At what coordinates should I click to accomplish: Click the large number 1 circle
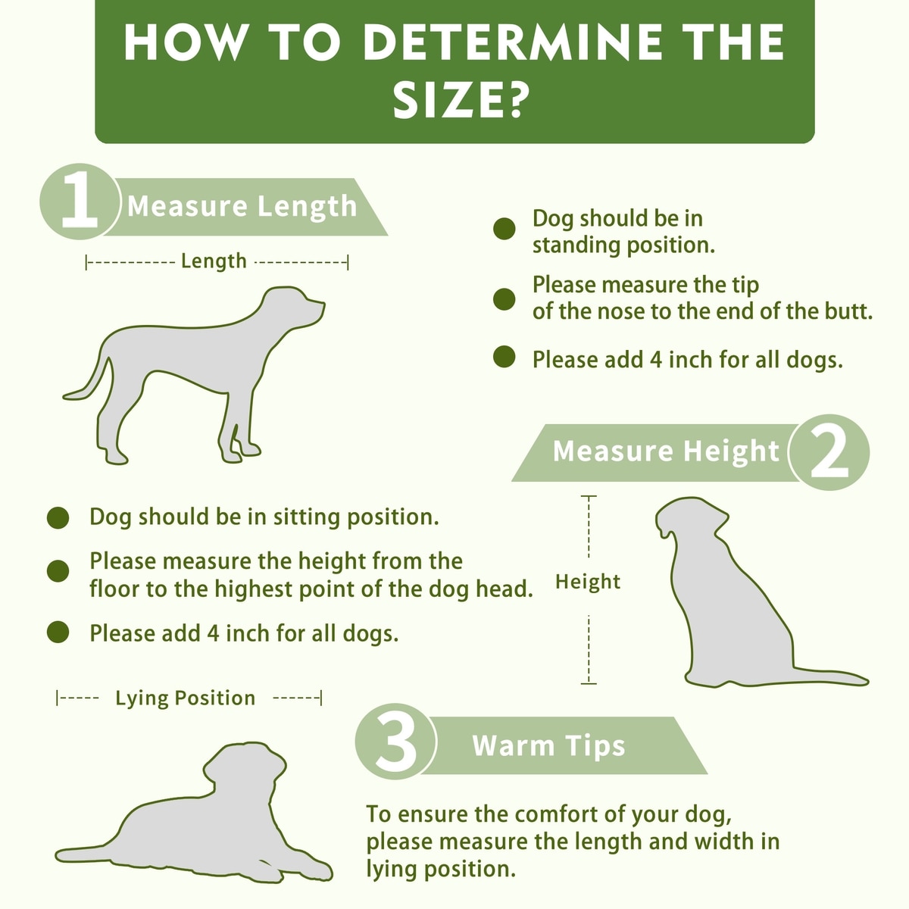(80, 201)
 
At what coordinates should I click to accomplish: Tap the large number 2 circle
(829, 452)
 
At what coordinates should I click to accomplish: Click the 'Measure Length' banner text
(242, 207)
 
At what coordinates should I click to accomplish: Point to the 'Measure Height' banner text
(666, 451)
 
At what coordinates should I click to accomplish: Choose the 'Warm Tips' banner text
(548, 745)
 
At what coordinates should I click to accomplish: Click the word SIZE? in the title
(458, 102)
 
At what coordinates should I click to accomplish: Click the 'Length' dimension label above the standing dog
(214, 261)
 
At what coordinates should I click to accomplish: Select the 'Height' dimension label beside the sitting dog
(588, 582)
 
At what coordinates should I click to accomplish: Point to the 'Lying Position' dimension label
(186, 698)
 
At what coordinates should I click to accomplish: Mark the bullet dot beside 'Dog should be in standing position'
(504, 229)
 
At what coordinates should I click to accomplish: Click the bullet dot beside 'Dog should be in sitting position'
(58, 518)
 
